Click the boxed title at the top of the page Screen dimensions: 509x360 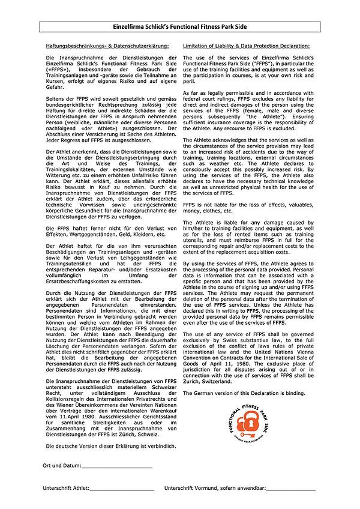click(x=179, y=28)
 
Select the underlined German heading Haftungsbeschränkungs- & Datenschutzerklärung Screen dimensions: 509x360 click(x=107, y=46)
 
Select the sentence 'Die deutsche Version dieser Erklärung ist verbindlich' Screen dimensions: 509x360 click(x=111, y=447)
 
